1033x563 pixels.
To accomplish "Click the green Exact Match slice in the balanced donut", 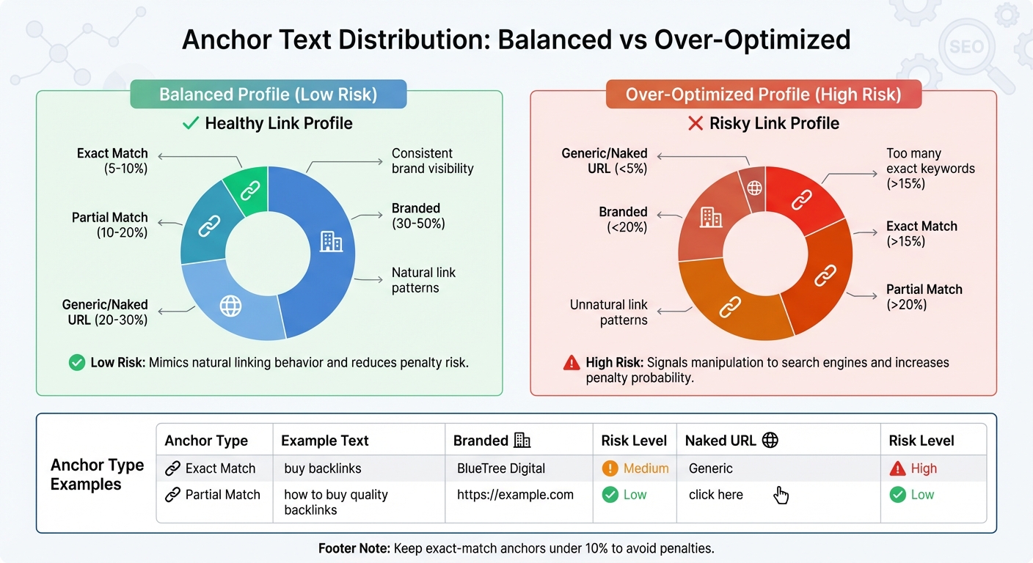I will [x=248, y=189].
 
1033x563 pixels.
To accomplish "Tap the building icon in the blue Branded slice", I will [x=331, y=241].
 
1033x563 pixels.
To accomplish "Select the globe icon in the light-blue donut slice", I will [x=230, y=305].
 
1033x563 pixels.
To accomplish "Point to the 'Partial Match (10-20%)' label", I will [x=110, y=225].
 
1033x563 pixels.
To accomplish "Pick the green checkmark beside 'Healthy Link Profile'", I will [x=191, y=123].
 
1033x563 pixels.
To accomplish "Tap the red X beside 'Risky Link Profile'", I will [x=695, y=123].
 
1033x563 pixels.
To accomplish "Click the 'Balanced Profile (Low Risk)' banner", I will [x=268, y=95].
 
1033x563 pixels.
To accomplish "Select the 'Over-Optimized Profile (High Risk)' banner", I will [x=763, y=95].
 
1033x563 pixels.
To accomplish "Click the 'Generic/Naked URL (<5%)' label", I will [x=605, y=161].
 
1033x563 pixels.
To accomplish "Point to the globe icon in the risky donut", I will [x=754, y=187].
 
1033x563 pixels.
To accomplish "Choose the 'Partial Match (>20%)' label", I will [x=924, y=296].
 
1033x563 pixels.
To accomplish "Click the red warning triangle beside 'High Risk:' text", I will [x=572, y=363].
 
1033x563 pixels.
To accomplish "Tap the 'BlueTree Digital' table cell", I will [x=500, y=468].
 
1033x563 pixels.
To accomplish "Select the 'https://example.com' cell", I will [x=515, y=495].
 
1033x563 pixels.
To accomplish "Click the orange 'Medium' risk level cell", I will [x=635, y=468].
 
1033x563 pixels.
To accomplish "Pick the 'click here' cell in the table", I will [x=716, y=495].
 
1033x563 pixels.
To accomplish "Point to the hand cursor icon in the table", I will [x=781, y=496].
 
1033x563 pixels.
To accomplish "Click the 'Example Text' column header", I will [x=325, y=441].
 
